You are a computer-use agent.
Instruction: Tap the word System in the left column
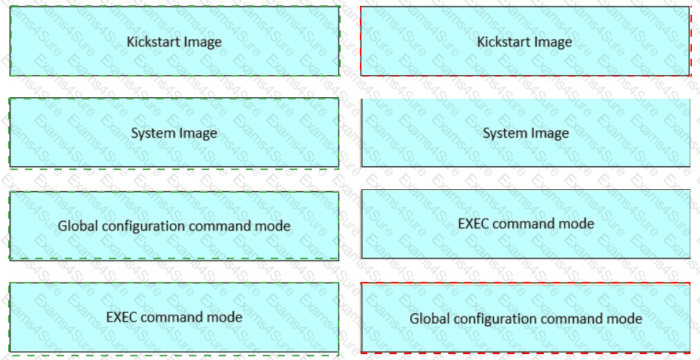[153, 133]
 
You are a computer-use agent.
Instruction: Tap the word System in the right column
[505, 133]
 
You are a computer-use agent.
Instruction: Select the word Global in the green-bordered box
[77, 225]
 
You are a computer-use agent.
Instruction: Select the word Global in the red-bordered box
[429, 319]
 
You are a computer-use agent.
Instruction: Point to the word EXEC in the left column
[122, 317]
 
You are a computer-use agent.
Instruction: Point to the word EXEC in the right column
[474, 223]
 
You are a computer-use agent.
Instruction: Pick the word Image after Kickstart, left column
[202, 41]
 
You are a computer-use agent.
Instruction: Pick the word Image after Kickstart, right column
[552, 41]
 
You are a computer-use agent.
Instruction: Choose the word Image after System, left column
[198, 133]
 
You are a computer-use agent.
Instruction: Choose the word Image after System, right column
[550, 133]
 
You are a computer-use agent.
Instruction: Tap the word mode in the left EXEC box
[225, 317]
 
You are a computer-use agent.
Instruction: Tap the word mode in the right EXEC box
[576, 223]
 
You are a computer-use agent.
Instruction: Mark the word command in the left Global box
[219, 225]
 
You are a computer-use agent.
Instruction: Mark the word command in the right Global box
[570, 319]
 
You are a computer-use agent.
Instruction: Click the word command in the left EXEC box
[172, 317]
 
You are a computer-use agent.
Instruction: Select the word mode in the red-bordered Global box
[624, 319]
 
